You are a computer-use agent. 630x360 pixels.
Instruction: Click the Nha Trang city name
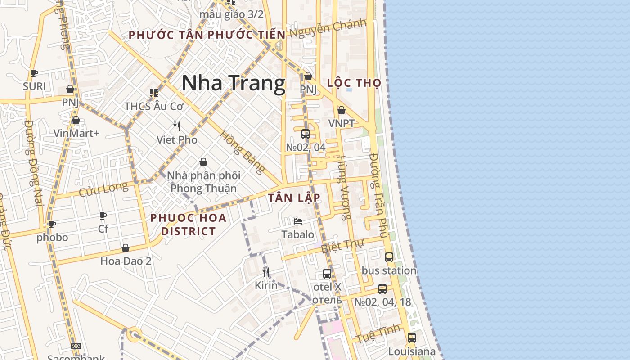pos(234,83)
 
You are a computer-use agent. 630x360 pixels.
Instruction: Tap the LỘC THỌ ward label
pos(354,83)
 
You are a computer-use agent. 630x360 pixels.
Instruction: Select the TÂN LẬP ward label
pos(294,198)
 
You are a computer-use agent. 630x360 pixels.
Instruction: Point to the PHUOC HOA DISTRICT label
pos(189,225)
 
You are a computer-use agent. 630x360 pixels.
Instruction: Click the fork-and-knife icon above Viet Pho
pos(177,126)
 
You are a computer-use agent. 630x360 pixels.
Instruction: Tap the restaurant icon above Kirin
pos(266,272)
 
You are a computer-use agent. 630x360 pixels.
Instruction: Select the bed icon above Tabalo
pos(297,221)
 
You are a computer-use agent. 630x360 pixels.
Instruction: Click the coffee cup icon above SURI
pos(34,73)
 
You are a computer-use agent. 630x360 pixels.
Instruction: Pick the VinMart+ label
pos(76,133)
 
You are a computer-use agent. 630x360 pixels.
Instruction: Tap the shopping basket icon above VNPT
pos(342,110)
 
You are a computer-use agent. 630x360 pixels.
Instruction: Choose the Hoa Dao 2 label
pos(126,261)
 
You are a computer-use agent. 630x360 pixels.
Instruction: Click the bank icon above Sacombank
pos(76,346)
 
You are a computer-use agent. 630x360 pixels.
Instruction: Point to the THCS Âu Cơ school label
pos(154,107)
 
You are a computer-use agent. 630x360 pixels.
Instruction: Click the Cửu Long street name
pos(103,189)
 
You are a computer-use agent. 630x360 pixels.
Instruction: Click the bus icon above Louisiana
pos(411,337)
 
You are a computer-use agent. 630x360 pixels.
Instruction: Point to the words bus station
pos(389,270)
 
